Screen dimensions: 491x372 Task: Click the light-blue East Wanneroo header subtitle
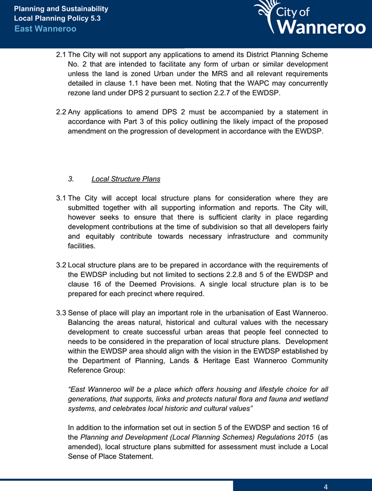click(45, 29)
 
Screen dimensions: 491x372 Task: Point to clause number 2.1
click(61, 54)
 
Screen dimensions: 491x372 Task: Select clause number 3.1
click(61, 198)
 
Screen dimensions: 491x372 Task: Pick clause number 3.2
click(61, 265)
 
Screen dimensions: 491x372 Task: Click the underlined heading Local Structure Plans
click(126, 179)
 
